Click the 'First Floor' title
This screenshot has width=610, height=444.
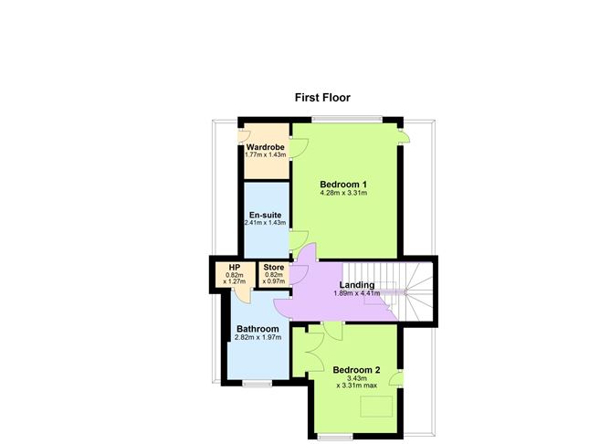322,98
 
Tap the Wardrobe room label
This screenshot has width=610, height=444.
265,147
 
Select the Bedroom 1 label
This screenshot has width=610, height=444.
342,184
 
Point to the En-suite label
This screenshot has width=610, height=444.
265,215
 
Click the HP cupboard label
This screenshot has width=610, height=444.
235,268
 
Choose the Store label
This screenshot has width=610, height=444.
274,268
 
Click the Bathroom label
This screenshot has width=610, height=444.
258,329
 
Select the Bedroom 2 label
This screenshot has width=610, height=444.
356,370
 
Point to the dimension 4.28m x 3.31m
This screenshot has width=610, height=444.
343,194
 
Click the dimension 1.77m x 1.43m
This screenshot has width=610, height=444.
265,155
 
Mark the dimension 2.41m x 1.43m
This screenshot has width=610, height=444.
265,223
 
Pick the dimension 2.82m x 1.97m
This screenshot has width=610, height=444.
258,338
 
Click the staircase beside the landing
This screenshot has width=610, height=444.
415,288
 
